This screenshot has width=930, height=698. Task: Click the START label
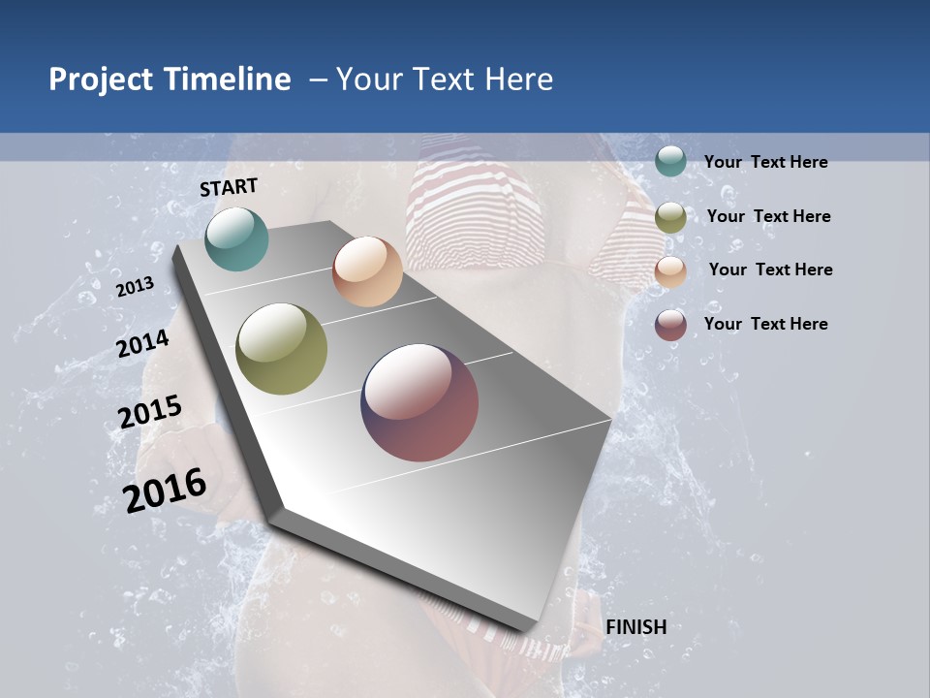229,187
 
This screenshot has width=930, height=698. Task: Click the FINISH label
636,627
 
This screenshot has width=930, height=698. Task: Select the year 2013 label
135,287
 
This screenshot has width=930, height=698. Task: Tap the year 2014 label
142,343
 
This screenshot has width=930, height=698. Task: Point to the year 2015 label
150,412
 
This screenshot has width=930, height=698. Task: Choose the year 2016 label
165,491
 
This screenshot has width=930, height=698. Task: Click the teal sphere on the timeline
236,238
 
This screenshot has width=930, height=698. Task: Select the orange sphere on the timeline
367,271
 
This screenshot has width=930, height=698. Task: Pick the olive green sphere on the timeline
282,349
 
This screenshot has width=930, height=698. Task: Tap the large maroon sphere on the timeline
419,402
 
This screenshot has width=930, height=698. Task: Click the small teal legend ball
670,161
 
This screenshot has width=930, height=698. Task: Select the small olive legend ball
670,217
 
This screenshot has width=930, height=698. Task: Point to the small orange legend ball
670,271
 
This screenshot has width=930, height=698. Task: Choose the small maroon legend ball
670,326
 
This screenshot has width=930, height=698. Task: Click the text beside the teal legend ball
765,162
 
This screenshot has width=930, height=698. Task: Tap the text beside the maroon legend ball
765,324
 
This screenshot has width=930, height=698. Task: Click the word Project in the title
101,79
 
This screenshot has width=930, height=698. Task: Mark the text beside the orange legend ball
770,270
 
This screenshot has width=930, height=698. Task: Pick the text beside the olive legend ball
768,216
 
